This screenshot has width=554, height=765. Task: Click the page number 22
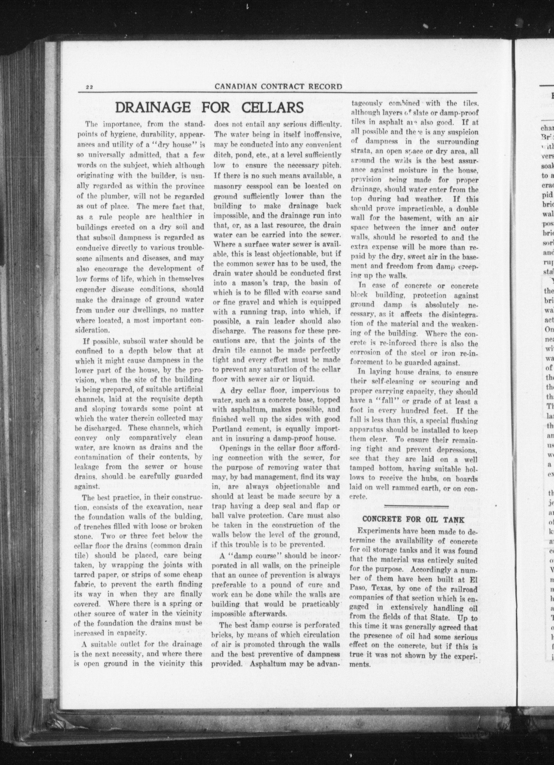[x=89, y=87]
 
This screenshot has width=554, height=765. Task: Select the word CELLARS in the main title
[x=273, y=108]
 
